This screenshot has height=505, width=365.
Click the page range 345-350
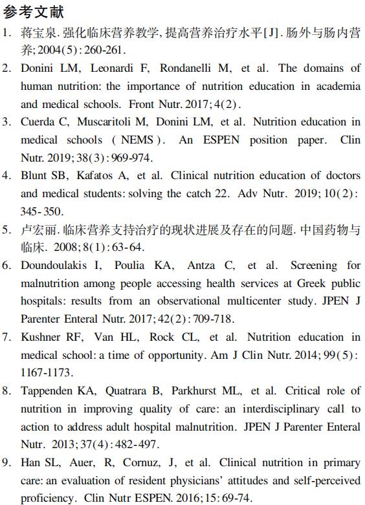[42, 211]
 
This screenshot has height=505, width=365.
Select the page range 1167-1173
[47, 372]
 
